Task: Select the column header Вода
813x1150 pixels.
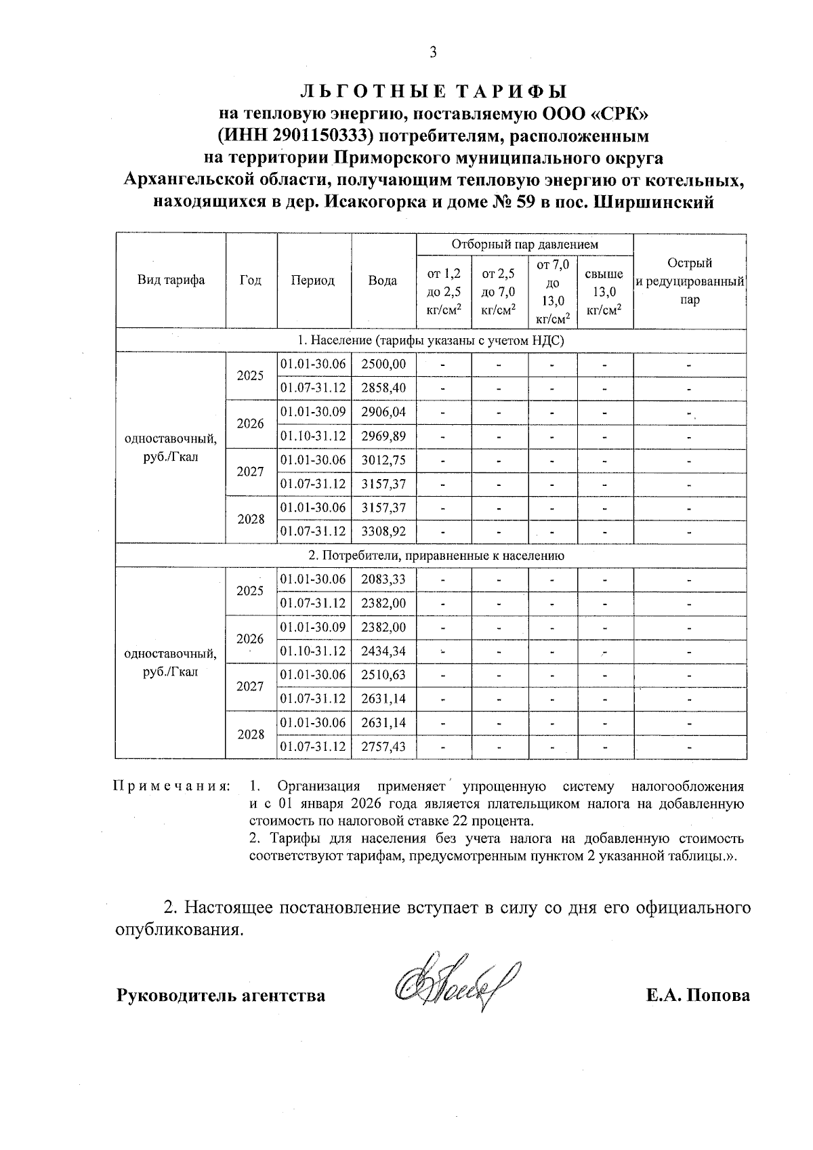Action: pyautogui.click(x=383, y=281)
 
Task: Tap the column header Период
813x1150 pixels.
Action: pyautogui.click(x=313, y=281)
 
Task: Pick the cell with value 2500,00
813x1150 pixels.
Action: pyautogui.click(x=383, y=365)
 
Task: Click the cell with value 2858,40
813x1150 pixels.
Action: pyautogui.click(x=383, y=388)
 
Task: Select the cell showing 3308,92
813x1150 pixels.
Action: pyautogui.click(x=383, y=532)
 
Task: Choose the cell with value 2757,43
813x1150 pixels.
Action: pyautogui.click(x=383, y=747)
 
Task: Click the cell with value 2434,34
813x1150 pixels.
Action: pyautogui.click(x=383, y=651)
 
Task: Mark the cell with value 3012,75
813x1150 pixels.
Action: pyautogui.click(x=383, y=460)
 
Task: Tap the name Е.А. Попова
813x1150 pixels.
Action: pyautogui.click(x=698, y=995)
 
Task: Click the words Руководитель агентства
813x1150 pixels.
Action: pyautogui.click(x=222, y=995)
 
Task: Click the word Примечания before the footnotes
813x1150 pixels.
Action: pyautogui.click(x=171, y=787)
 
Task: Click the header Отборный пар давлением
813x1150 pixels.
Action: pyautogui.click(x=524, y=244)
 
